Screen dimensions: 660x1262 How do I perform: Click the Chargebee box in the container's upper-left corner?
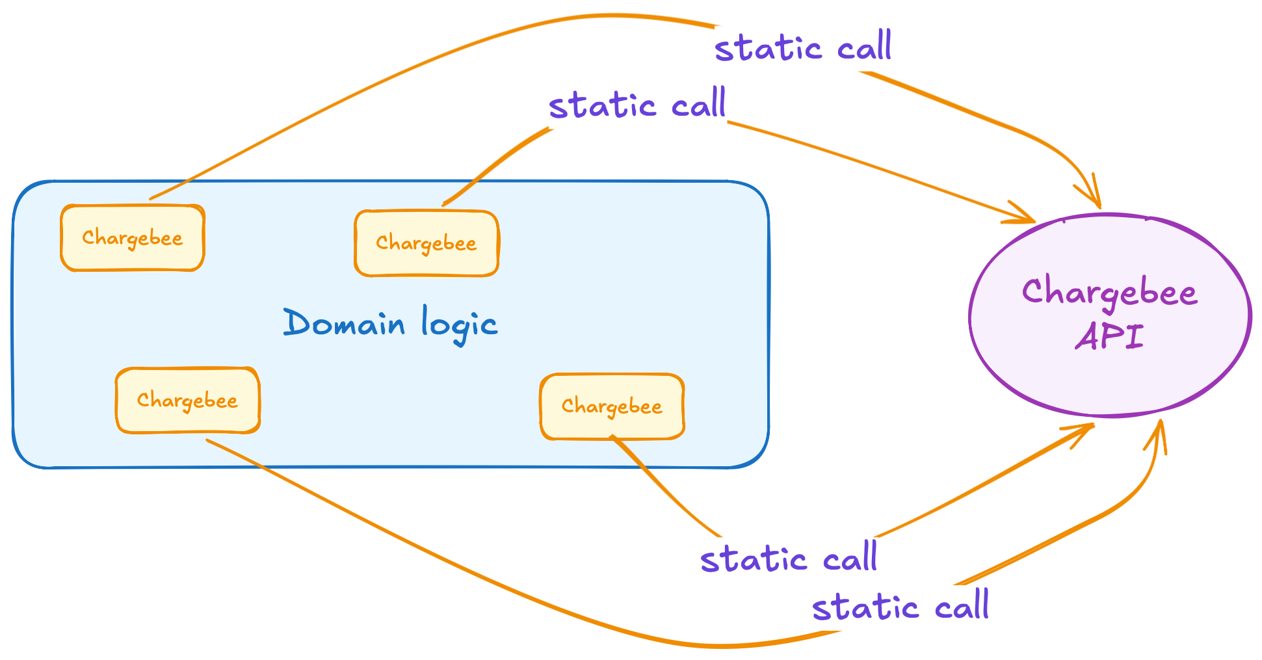[x=133, y=238]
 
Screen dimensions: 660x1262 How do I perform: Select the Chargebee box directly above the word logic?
[x=427, y=243]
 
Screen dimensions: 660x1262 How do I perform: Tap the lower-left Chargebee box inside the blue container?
[x=188, y=400]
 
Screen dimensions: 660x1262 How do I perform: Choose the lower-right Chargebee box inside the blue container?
[x=612, y=406]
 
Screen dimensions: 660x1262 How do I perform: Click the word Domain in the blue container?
[x=344, y=323]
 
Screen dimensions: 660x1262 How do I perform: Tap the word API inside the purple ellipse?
[x=1109, y=337]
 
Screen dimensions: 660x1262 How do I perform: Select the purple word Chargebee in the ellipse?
[x=1109, y=293]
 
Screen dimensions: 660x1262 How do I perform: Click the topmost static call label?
[x=803, y=47]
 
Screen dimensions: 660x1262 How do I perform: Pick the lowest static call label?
[x=900, y=607]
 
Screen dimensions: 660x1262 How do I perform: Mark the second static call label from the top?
[x=637, y=105]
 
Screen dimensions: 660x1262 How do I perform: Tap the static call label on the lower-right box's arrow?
[x=789, y=559]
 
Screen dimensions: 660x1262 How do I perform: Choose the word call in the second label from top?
[x=699, y=104]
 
